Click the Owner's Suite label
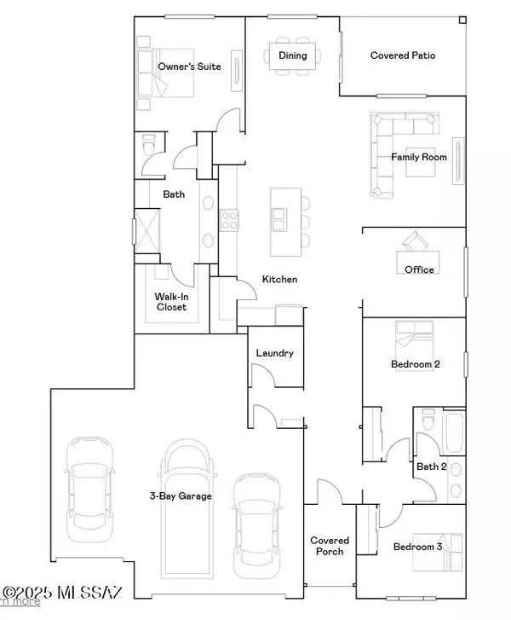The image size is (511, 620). click(x=189, y=66)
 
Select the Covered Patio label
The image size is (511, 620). click(x=403, y=55)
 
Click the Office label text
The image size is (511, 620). click(x=419, y=269)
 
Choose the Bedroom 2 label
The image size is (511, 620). click(x=415, y=364)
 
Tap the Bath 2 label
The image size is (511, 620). click(x=432, y=466)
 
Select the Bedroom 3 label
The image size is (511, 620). click(x=416, y=547)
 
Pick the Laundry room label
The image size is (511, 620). click(x=274, y=352)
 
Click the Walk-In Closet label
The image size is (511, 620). click(x=170, y=302)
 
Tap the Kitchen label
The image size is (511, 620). click(x=279, y=279)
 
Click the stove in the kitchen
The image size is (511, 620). click(x=229, y=220)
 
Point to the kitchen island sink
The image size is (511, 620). click(x=279, y=220)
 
